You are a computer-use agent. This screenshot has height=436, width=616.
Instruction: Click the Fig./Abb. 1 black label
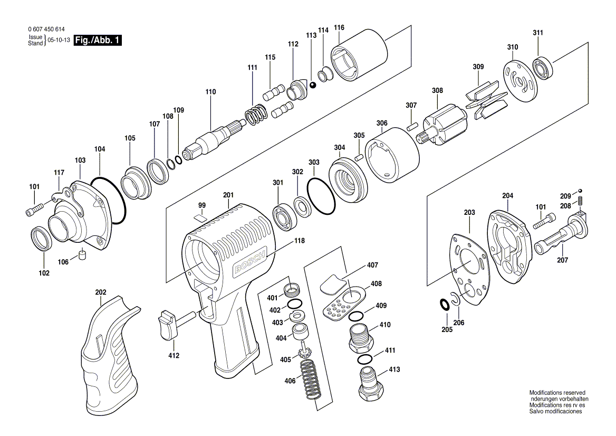pos(98,40)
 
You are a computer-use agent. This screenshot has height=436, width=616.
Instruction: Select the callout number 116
pos(339,27)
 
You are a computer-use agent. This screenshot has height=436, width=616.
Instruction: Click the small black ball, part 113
pos(313,86)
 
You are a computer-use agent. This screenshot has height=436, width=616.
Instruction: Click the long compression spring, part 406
pos(311,381)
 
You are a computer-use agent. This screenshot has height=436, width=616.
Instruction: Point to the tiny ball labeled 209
pos(580,191)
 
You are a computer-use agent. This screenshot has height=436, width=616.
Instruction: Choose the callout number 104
pos(99,149)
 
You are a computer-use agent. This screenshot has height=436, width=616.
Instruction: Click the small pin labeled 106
pos(82,255)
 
